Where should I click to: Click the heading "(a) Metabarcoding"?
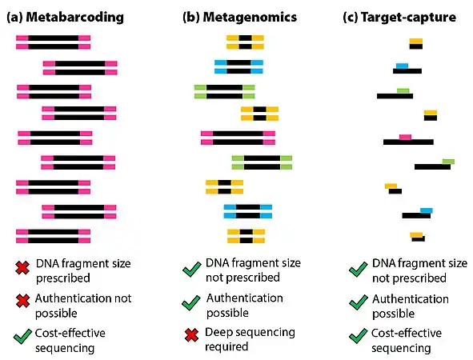coord(60,16)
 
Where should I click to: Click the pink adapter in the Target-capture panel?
coord(405,137)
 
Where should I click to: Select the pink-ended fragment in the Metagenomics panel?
coord(238,138)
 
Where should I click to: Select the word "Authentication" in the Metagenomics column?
coord(244,298)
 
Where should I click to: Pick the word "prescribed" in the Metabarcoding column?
coord(62,278)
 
